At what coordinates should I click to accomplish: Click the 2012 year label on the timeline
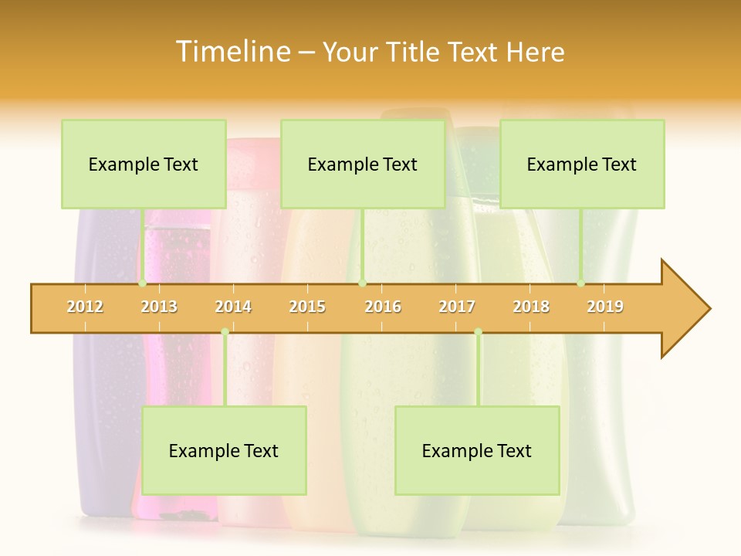pyautogui.click(x=85, y=307)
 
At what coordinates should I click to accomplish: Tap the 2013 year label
pyautogui.click(x=159, y=307)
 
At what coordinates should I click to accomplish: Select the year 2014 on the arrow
pyautogui.click(x=233, y=307)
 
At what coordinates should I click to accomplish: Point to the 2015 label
pyautogui.click(x=307, y=307)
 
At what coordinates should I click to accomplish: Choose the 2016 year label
pyautogui.click(x=383, y=307)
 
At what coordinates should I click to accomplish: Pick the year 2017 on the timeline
pyautogui.click(x=457, y=307)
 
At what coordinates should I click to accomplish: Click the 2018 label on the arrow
pyautogui.click(x=531, y=307)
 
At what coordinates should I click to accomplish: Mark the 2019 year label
pyautogui.click(x=605, y=307)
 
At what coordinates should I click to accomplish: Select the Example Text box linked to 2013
pyautogui.click(x=144, y=164)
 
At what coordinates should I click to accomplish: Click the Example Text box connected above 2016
pyautogui.click(x=363, y=164)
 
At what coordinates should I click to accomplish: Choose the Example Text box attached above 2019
pyautogui.click(x=582, y=164)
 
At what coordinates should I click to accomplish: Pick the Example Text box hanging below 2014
pyautogui.click(x=224, y=451)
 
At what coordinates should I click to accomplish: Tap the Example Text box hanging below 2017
pyautogui.click(x=477, y=451)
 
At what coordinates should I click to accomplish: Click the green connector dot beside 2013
pyautogui.click(x=143, y=283)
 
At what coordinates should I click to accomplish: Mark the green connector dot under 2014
pyautogui.click(x=225, y=332)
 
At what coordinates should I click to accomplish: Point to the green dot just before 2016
pyautogui.click(x=362, y=283)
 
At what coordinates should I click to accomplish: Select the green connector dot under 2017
pyautogui.click(x=478, y=332)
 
